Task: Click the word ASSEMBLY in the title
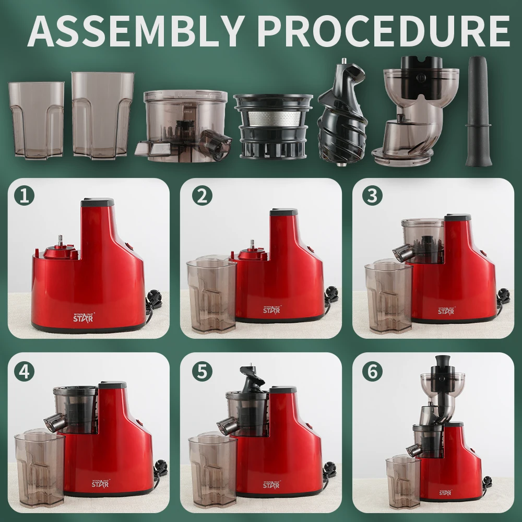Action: coord(135,31)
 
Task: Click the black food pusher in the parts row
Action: coord(478,111)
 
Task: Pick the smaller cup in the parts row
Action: coord(36,119)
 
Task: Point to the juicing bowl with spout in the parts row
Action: coord(184,126)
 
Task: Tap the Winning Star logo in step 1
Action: coord(83,317)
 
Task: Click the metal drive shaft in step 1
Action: coord(61,240)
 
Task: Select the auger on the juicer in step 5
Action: coord(251,379)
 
